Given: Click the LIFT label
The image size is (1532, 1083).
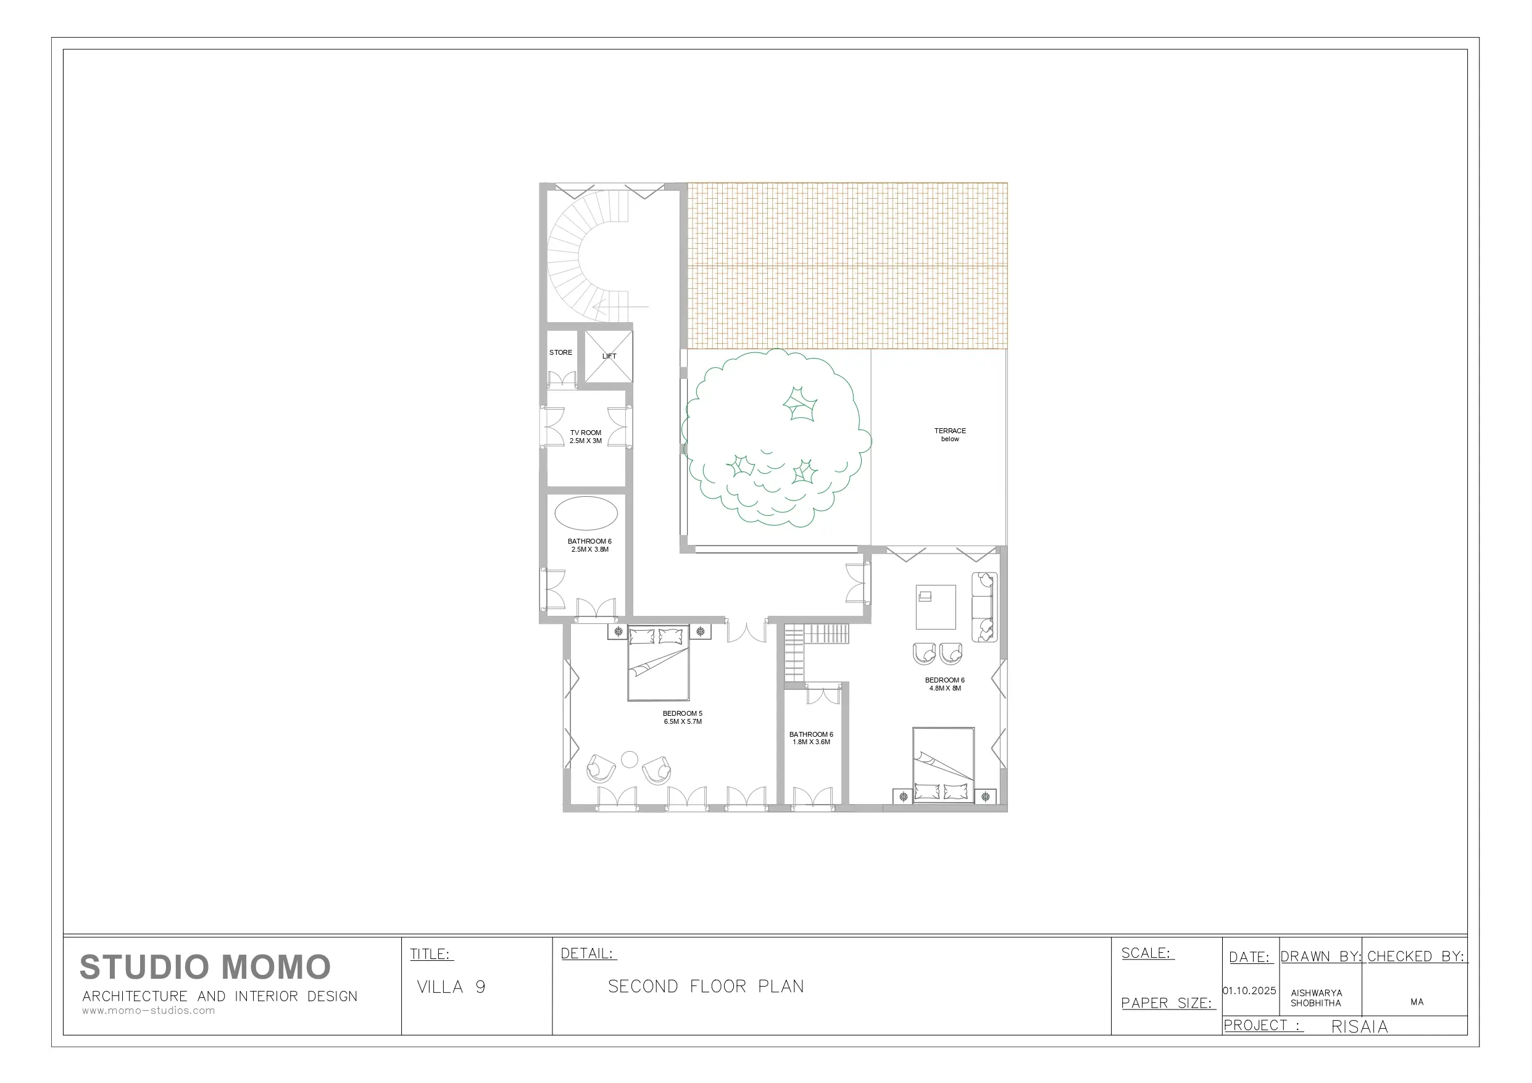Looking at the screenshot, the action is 609,356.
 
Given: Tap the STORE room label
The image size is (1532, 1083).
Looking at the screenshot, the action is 560,352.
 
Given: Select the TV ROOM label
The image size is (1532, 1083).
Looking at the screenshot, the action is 585,433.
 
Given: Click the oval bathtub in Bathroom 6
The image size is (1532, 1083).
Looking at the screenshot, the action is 586,513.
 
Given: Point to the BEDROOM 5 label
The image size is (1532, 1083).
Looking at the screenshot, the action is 683,713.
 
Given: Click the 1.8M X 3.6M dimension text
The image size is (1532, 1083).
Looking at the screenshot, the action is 812,742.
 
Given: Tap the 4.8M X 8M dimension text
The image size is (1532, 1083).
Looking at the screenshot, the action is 945,688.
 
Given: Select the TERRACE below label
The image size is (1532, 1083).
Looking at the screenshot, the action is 950,434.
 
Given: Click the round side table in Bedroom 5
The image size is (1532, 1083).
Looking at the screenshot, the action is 629,760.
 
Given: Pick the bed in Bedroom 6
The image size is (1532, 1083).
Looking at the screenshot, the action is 944,765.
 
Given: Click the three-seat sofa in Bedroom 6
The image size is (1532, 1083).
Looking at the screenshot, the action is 984,607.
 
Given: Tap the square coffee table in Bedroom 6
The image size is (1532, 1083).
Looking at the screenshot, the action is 936,607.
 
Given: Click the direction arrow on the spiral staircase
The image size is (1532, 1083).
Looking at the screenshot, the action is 620,307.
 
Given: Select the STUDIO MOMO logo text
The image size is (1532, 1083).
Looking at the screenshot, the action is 205,967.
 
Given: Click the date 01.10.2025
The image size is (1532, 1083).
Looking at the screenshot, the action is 1249,991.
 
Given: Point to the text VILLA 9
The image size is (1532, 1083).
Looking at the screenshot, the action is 451,987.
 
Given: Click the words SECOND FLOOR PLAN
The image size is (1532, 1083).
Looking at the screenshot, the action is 706,986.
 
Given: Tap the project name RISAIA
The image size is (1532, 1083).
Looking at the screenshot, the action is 1359,1027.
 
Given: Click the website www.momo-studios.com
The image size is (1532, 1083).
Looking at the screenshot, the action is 148,1010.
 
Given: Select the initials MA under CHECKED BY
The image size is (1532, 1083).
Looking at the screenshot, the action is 1417,1002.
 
